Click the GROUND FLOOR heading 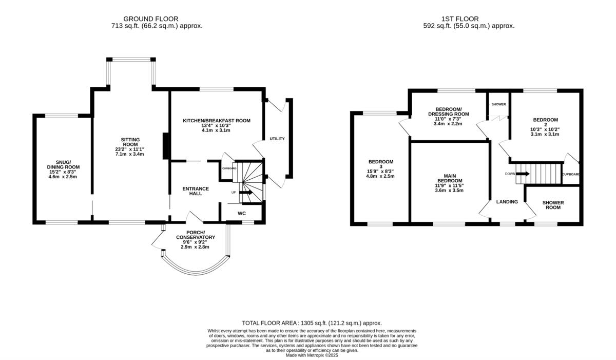pyautogui.click(x=151, y=19)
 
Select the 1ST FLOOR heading pyautogui.click(x=460, y=19)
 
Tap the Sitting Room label pyautogui.click(x=130, y=142)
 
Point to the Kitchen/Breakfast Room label pyautogui.click(x=217, y=121)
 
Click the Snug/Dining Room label pyautogui.click(x=63, y=164)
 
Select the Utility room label pyautogui.click(x=277, y=139)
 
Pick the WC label pyautogui.click(x=242, y=214)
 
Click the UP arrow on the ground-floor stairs pyautogui.click(x=246, y=193)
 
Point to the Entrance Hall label pyautogui.click(x=196, y=191)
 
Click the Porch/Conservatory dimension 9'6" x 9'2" pyautogui.click(x=195, y=242)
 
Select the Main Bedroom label pyautogui.click(x=450, y=178)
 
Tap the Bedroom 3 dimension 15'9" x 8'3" pyautogui.click(x=380, y=171)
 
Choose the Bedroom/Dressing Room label pyautogui.click(x=449, y=111)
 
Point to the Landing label pyautogui.click(x=507, y=202)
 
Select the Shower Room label pyautogui.click(x=553, y=205)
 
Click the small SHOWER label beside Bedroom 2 pyautogui.click(x=498, y=104)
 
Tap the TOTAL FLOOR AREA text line pyautogui.click(x=312, y=323)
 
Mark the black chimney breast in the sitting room pyautogui.click(x=166, y=146)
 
